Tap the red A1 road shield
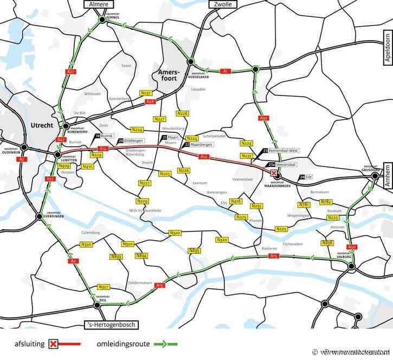pos(226,70)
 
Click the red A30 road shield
pos(263,118)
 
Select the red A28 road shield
pos(151,101)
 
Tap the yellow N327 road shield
pos(104,286)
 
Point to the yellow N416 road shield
pos(236,201)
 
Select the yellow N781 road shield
pos(304,204)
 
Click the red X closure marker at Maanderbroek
pos(273,172)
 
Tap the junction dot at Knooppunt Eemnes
pos(101,20)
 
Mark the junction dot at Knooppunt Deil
pos(97,305)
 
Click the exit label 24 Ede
pos(306,177)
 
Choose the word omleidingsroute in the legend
pos(125,343)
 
